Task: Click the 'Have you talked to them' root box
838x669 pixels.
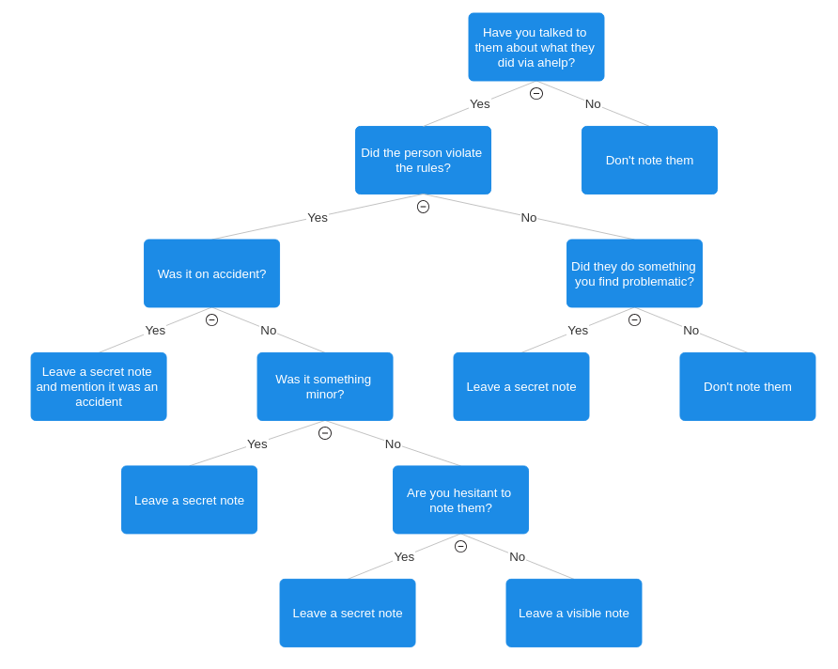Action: tap(536, 47)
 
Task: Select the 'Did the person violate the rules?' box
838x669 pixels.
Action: tap(423, 161)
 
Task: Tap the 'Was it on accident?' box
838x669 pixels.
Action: tap(211, 273)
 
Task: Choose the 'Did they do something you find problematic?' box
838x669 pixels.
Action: tap(634, 273)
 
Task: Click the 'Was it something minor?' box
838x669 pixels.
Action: tap(325, 386)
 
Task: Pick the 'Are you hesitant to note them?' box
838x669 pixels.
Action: tap(460, 500)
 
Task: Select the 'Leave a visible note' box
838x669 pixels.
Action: tap(574, 613)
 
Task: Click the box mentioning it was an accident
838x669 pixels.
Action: tap(99, 386)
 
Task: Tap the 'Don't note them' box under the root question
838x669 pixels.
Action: tap(649, 161)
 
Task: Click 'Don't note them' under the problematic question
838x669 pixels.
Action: tap(748, 386)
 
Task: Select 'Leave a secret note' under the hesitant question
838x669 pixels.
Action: tap(348, 613)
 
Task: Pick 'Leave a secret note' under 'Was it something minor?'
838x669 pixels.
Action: tap(189, 500)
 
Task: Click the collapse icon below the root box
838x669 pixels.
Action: tap(536, 94)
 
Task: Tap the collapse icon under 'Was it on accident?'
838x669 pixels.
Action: tap(211, 320)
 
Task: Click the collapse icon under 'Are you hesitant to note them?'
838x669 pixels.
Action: tap(460, 546)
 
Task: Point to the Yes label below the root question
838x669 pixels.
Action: tap(479, 103)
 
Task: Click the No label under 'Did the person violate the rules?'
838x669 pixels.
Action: tap(529, 217)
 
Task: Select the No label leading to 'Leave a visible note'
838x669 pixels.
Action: tap(517, 557)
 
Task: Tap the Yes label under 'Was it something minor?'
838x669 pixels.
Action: tap(257, 444)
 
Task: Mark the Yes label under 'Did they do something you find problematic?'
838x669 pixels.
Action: tap(578, 330)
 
